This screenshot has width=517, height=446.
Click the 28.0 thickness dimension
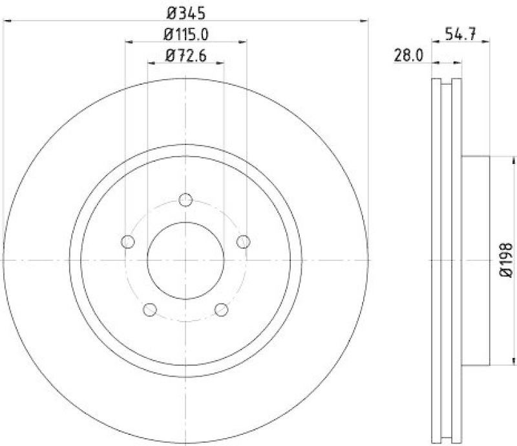(x=408, y=56)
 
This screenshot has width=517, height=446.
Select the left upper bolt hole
(x=127, y=241)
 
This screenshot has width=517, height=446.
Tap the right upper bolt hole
(x=244, y=241)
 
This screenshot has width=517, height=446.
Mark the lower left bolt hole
(x=149, y=309)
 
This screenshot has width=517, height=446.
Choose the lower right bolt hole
(x=222, y=309)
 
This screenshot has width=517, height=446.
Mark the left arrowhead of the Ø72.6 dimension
(x=151, y=63)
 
